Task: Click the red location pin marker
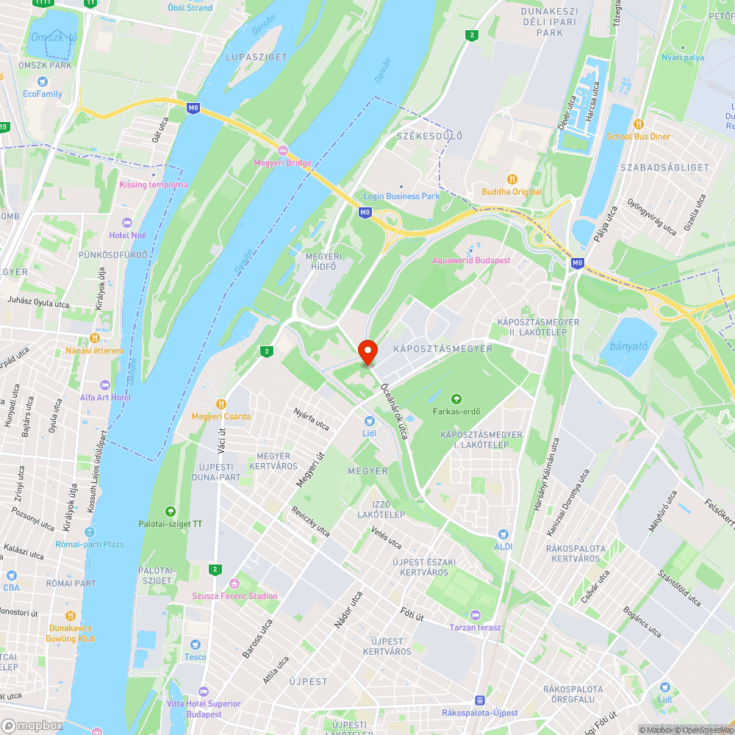[367, 351]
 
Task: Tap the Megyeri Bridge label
[283, 162]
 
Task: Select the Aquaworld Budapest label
[471, 260]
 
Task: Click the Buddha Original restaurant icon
[512, 179]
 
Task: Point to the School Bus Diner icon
[638, 124]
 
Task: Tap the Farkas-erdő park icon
[456, 399]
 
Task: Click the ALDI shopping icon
[503, 535]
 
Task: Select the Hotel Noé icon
[128, 222]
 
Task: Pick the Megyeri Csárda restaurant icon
[221, 404]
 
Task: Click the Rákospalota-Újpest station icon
[480, 700]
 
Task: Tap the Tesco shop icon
[196, 644]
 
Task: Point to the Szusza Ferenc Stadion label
[234, 595]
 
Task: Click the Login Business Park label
[401, 196]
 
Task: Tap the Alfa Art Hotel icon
[104, 385]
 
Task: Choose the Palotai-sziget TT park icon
[171, 512]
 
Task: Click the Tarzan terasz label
[475, 627]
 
